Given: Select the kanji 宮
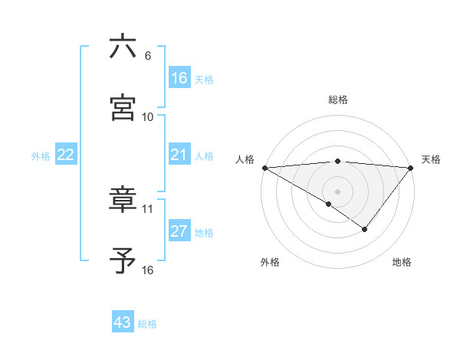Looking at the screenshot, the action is click(x=123, y=107).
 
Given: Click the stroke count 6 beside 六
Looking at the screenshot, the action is click(x=148, y=56).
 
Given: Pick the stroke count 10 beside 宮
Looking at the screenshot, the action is click(x=148, y=117).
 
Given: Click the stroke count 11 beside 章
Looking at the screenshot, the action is click(x=148, y=208).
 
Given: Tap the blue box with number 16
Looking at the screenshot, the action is click(x=179, y=78).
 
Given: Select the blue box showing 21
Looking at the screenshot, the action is click(x=179, y=155).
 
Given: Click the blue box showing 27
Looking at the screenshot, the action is click(x=179, y=231).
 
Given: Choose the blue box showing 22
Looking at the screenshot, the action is click(x=66, y=155).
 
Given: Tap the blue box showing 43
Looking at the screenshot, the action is click(x=123, y=322).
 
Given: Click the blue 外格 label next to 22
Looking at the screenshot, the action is click(x=41, y=155).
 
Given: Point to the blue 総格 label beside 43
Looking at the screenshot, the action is click(x=147, y=324).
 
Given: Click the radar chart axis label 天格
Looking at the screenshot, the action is click(x=431, y=159).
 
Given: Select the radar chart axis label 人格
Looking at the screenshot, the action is click(x=245, y=159).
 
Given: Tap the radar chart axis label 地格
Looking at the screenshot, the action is click(x=402, y=263).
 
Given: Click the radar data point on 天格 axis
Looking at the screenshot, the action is click(x=411, y=167).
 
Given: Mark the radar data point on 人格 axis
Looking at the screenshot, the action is click(x=264, y=167).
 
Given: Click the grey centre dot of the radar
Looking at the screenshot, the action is click(x=337, y=191).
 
